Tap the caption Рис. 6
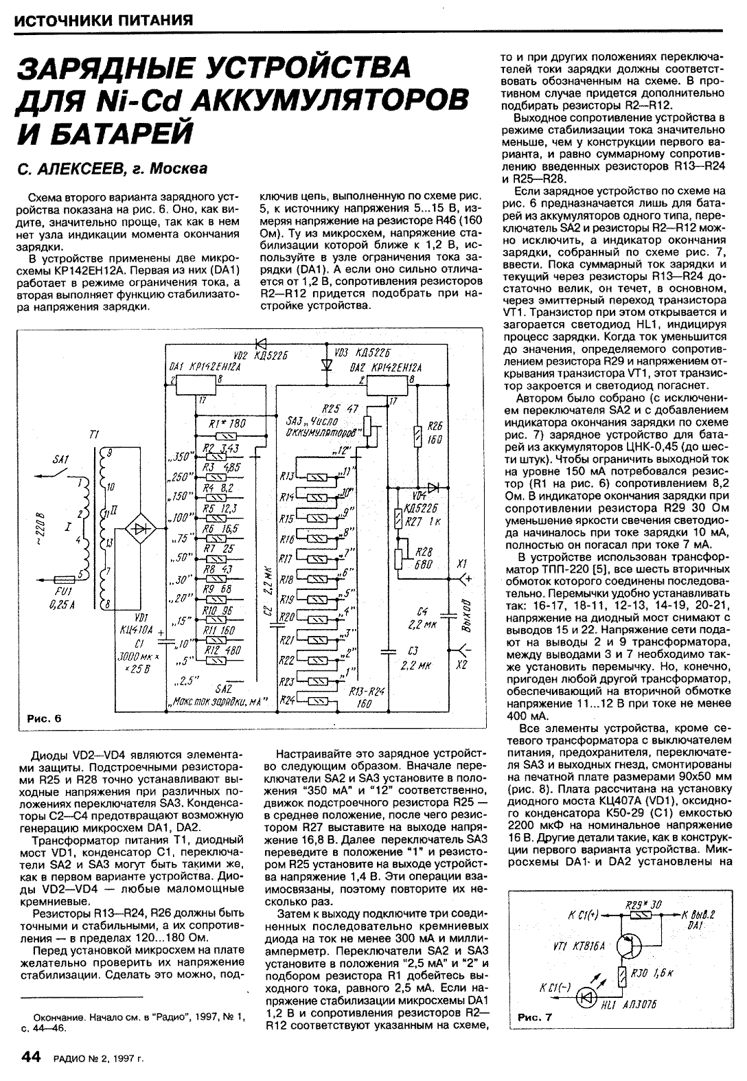tap(45, 719)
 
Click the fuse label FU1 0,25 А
tap(64, 596)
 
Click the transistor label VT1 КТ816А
tap(578, 946)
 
